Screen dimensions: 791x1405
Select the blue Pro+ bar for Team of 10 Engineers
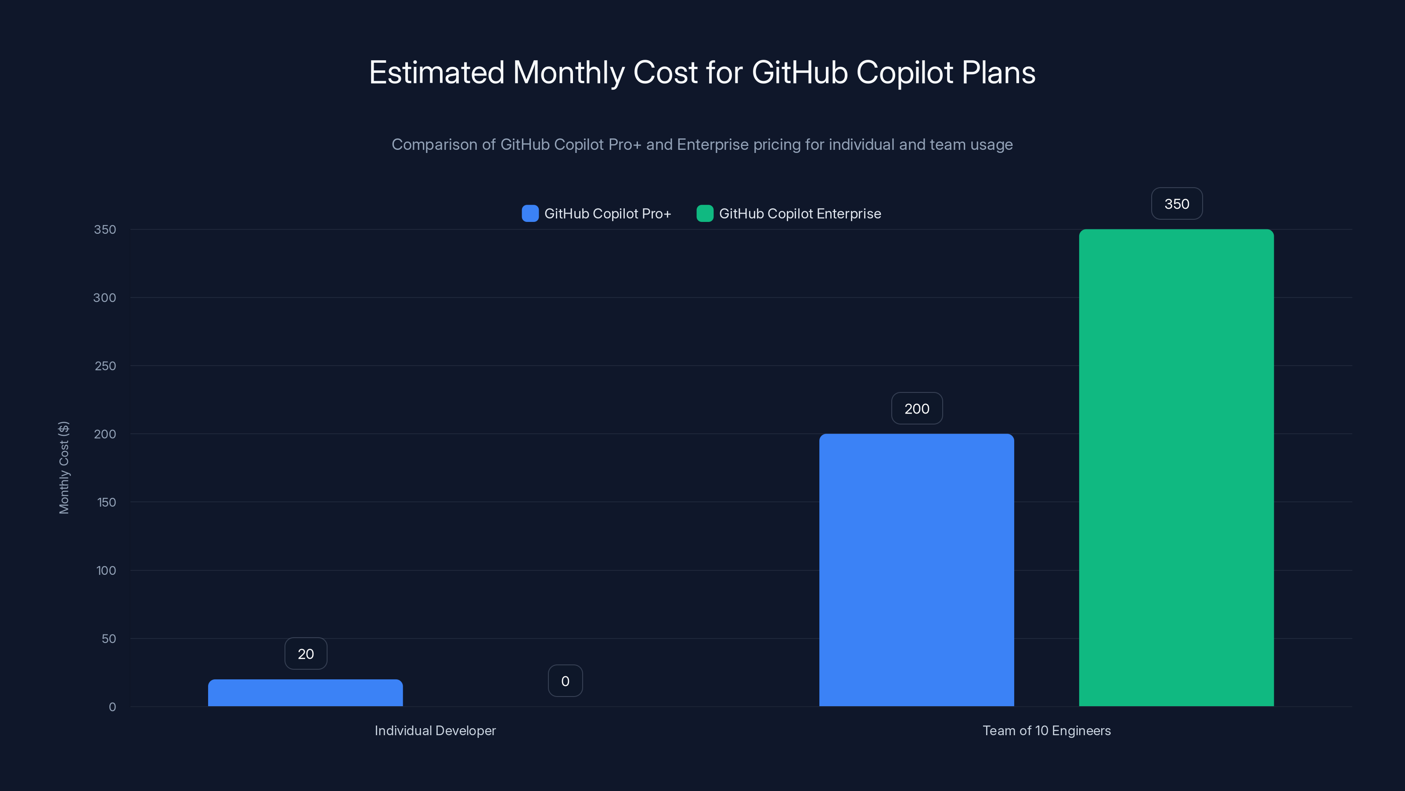tap(916, 570)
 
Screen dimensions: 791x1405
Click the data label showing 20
tap(306, 654)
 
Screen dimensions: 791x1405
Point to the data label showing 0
tap(565, 681)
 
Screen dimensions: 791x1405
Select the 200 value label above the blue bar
tap(917, 409)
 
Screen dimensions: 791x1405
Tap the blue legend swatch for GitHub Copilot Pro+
tap(530, 214)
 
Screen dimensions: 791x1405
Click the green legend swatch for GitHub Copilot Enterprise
tap(705, 214)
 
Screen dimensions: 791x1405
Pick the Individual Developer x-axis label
tap(435, 730)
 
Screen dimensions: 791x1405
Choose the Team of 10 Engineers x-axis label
tap(1047, 730)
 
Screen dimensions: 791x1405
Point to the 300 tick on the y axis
tap(105, 298)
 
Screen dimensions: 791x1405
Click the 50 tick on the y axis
tap(108, 639)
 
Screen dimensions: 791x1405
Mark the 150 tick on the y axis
tap(106, 502)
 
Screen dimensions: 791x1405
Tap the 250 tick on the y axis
tap(105, 366)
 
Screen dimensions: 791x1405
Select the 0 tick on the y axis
tap(112, 707)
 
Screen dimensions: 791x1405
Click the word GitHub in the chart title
tap(799, 73)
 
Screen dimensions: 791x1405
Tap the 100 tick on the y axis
tap(106, 570)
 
